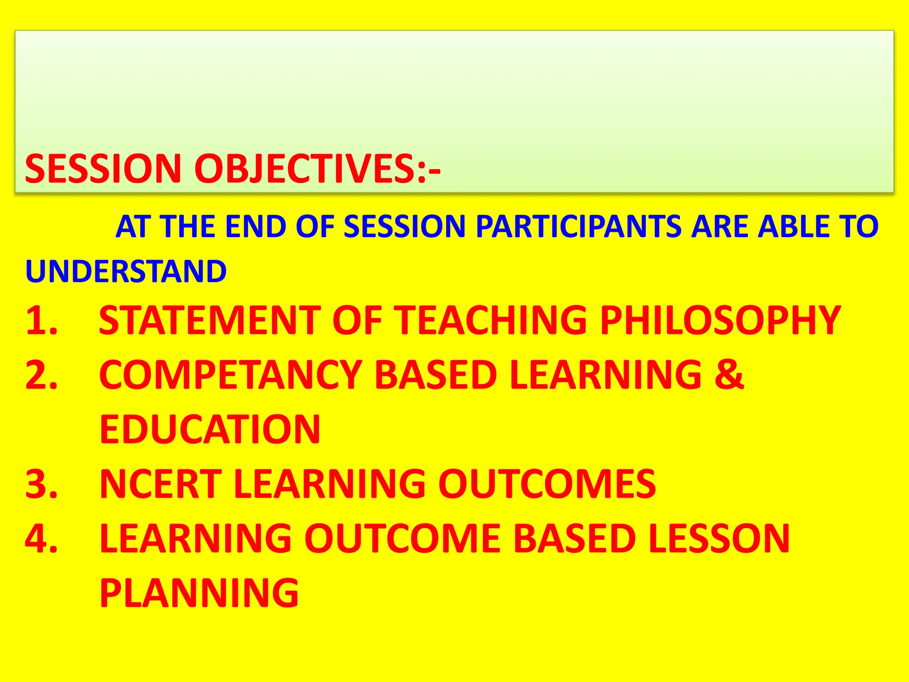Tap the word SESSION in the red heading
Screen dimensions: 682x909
click(103, 169)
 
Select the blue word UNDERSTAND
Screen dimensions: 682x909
click(126, 271)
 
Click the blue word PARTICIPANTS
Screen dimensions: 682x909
click(578, 226)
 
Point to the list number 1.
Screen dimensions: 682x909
click(42, 320)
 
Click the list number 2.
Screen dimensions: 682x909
click(42, 375)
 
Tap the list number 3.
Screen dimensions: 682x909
click(42, 484)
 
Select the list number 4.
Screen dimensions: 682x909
click(42, 539)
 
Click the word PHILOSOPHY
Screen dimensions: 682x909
click(720, 320)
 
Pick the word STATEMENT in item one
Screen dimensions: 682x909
click(209, 320)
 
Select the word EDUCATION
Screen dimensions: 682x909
click(210, 429)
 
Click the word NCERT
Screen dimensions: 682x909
click(161, 484)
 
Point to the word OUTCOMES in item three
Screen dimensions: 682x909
click(547, 484)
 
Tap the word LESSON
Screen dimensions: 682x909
click(719, 539)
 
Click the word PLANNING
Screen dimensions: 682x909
click(200, 593)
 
